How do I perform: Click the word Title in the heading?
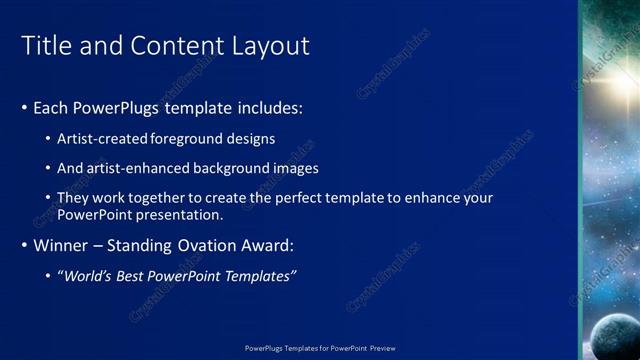point(45,46)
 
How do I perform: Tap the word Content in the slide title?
point(177,46)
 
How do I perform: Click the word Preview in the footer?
point(382,348)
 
